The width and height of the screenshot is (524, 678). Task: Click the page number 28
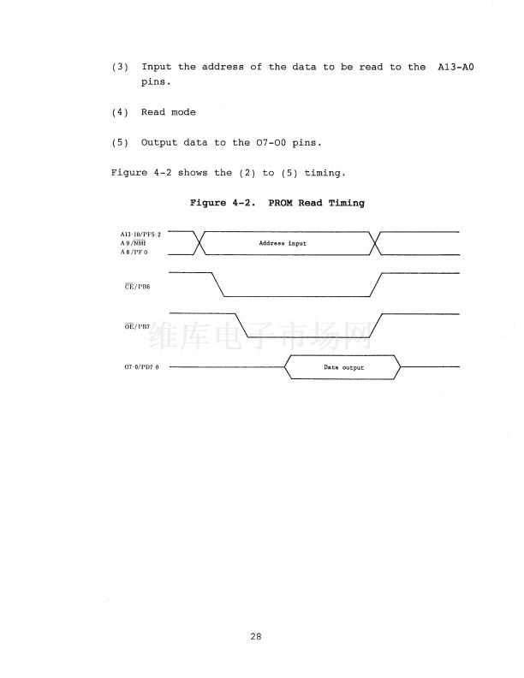pyautogui.click(x=255, y=636)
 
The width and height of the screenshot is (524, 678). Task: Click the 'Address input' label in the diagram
pyautogui.click(x=283, y=243)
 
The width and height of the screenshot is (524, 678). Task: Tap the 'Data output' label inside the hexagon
pyautogui.click(x=343, y=367)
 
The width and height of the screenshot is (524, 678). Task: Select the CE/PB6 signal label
pyautogui.click(x=137, y=286)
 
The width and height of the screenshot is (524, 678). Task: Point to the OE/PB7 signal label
pyautogui.click(x=137, y=326)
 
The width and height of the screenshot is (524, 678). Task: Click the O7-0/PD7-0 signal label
pyautogui.click(x=142, y=367)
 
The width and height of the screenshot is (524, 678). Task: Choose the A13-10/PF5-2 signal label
pyautogui.click(x=140, y=235)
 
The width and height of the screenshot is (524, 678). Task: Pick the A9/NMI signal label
pyautogui.click(x=134, y=243)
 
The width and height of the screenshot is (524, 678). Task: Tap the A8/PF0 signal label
pyautogui.click(x=134, y=252)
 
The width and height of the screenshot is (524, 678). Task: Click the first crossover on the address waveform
pyautogui.click(x=199, y=243)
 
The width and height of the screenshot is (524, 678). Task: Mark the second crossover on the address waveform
pyautogui.click(x=375, y=243)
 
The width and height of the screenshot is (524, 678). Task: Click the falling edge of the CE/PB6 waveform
pyautogui.click(x=217, y=284)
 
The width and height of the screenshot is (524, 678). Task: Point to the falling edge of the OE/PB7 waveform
pyautogui.click(x=241, y=325)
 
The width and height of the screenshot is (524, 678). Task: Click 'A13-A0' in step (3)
pyautogui.click(x=456, y=67)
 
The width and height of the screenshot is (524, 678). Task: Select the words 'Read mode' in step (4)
pyautogui.click(x=168, y=112)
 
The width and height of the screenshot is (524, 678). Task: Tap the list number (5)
pyautogui.click(x=120, y=143)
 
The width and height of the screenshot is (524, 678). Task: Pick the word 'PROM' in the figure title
pyautogui.click(x=280, y=203)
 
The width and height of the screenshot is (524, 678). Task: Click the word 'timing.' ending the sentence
pyautogui.click(x=325, y=173)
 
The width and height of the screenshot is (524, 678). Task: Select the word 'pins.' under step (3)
pyautogui.click(x=156, y=82)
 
